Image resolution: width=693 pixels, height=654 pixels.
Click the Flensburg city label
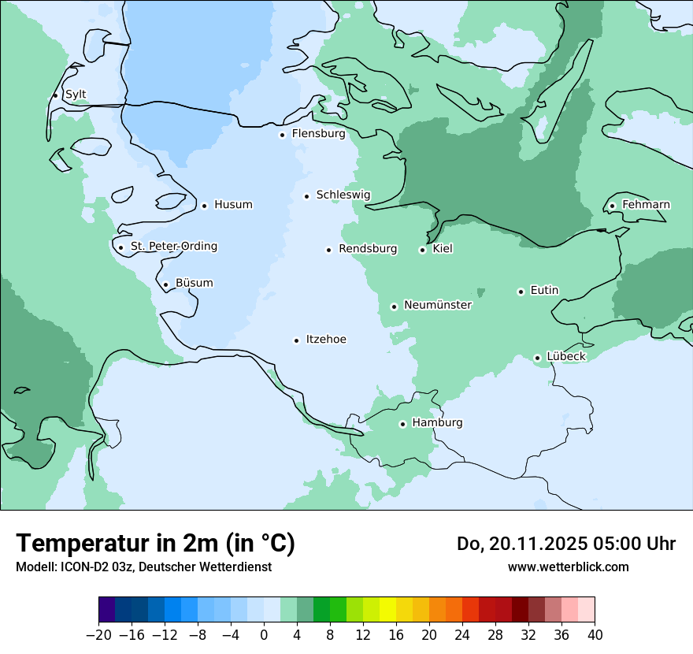(x=318, y=134)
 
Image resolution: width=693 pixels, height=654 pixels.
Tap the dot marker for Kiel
(x=423, y=250)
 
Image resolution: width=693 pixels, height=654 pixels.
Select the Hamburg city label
(x=437, y=423)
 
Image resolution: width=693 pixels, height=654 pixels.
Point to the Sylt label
(x=76, y=95)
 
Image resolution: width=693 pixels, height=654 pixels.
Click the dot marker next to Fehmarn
(x=613, y=206)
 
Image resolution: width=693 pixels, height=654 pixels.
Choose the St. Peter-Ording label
(x=173, y=247)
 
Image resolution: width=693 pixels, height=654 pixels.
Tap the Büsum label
(x=194, y=283)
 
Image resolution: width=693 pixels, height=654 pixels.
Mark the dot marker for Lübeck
(x=538, y=358)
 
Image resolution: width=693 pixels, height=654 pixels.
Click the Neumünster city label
(x=438, y=305)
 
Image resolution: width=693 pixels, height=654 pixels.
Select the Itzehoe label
(x=326, y=340)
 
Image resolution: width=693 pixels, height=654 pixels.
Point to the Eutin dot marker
(x=521, y=292)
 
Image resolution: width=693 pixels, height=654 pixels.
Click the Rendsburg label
(x=368, y=249)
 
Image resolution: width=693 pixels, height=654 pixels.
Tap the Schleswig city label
(x=343, y=195)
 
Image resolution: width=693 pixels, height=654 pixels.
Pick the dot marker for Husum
(x=205, y=206)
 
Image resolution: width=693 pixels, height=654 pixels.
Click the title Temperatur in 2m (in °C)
(x=156, y=544)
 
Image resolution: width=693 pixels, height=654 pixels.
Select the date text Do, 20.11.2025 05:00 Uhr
(x=566, y=544)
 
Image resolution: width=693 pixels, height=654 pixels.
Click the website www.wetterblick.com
(x=568, y=567)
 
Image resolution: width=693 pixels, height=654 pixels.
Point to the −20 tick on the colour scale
(x=99, y=635)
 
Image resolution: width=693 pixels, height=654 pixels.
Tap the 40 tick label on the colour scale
(x=595, y=635)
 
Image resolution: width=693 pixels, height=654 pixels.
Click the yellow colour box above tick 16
(x=387, y=610)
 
